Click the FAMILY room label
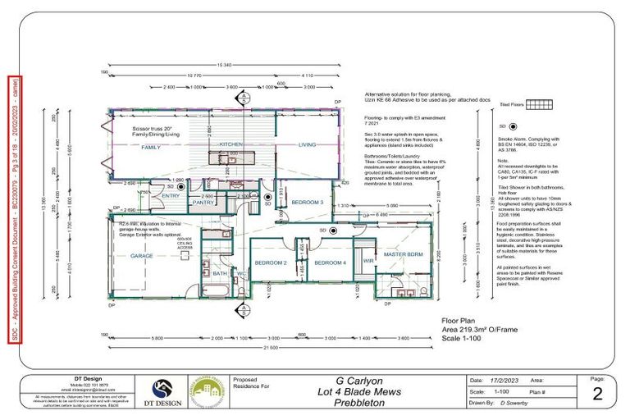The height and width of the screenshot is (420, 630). pos(150,147)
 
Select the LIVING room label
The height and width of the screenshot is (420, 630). pos(307,144)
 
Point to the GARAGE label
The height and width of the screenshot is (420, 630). pos(142,255)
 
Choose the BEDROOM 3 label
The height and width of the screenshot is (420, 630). pos(308,202)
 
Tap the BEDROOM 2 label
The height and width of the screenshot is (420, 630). pos(270,262)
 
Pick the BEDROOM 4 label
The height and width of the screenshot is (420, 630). pos(331,262)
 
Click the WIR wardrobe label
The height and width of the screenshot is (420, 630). pos(368,262)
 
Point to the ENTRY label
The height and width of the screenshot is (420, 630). pos(171,196)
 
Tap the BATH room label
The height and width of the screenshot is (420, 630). pos(220,273)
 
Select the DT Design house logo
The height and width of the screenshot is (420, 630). pos(161,390)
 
